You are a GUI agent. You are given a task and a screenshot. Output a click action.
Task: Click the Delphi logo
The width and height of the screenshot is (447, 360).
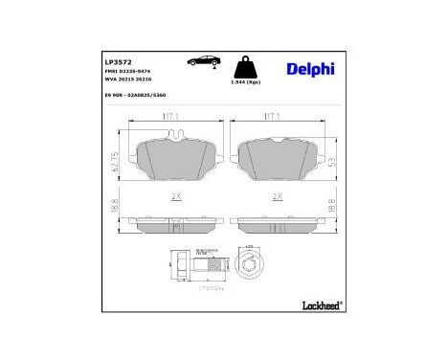click(312, 68)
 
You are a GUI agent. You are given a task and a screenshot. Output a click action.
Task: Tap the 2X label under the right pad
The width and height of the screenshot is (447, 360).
click(278, 197)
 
